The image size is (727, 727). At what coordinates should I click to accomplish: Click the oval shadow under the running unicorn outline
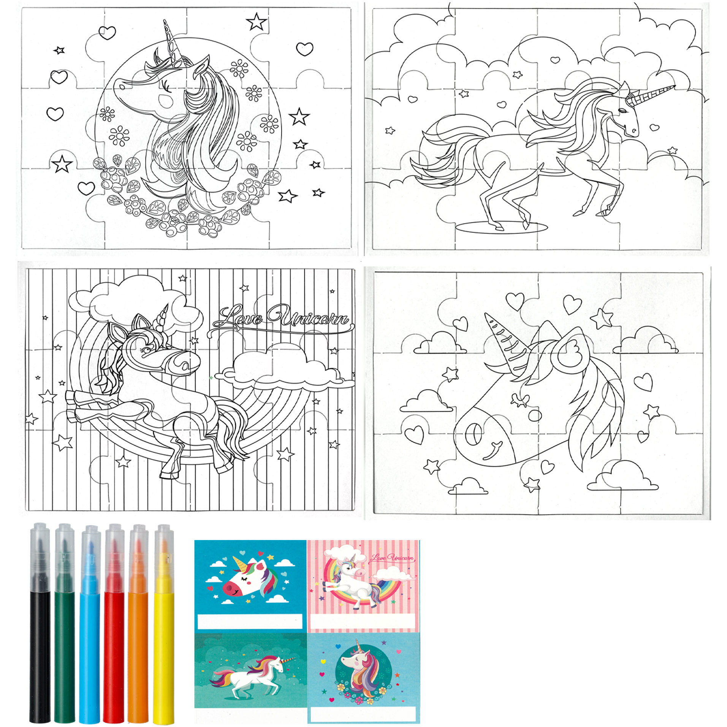coord(502,227)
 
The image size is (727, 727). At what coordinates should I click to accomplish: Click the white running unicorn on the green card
coord(252,673)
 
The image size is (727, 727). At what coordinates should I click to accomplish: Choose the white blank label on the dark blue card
coord(250,622)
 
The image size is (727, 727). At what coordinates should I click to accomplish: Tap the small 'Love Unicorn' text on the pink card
coord(393,558)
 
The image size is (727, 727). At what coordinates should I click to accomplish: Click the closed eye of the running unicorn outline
coord(623,111)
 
